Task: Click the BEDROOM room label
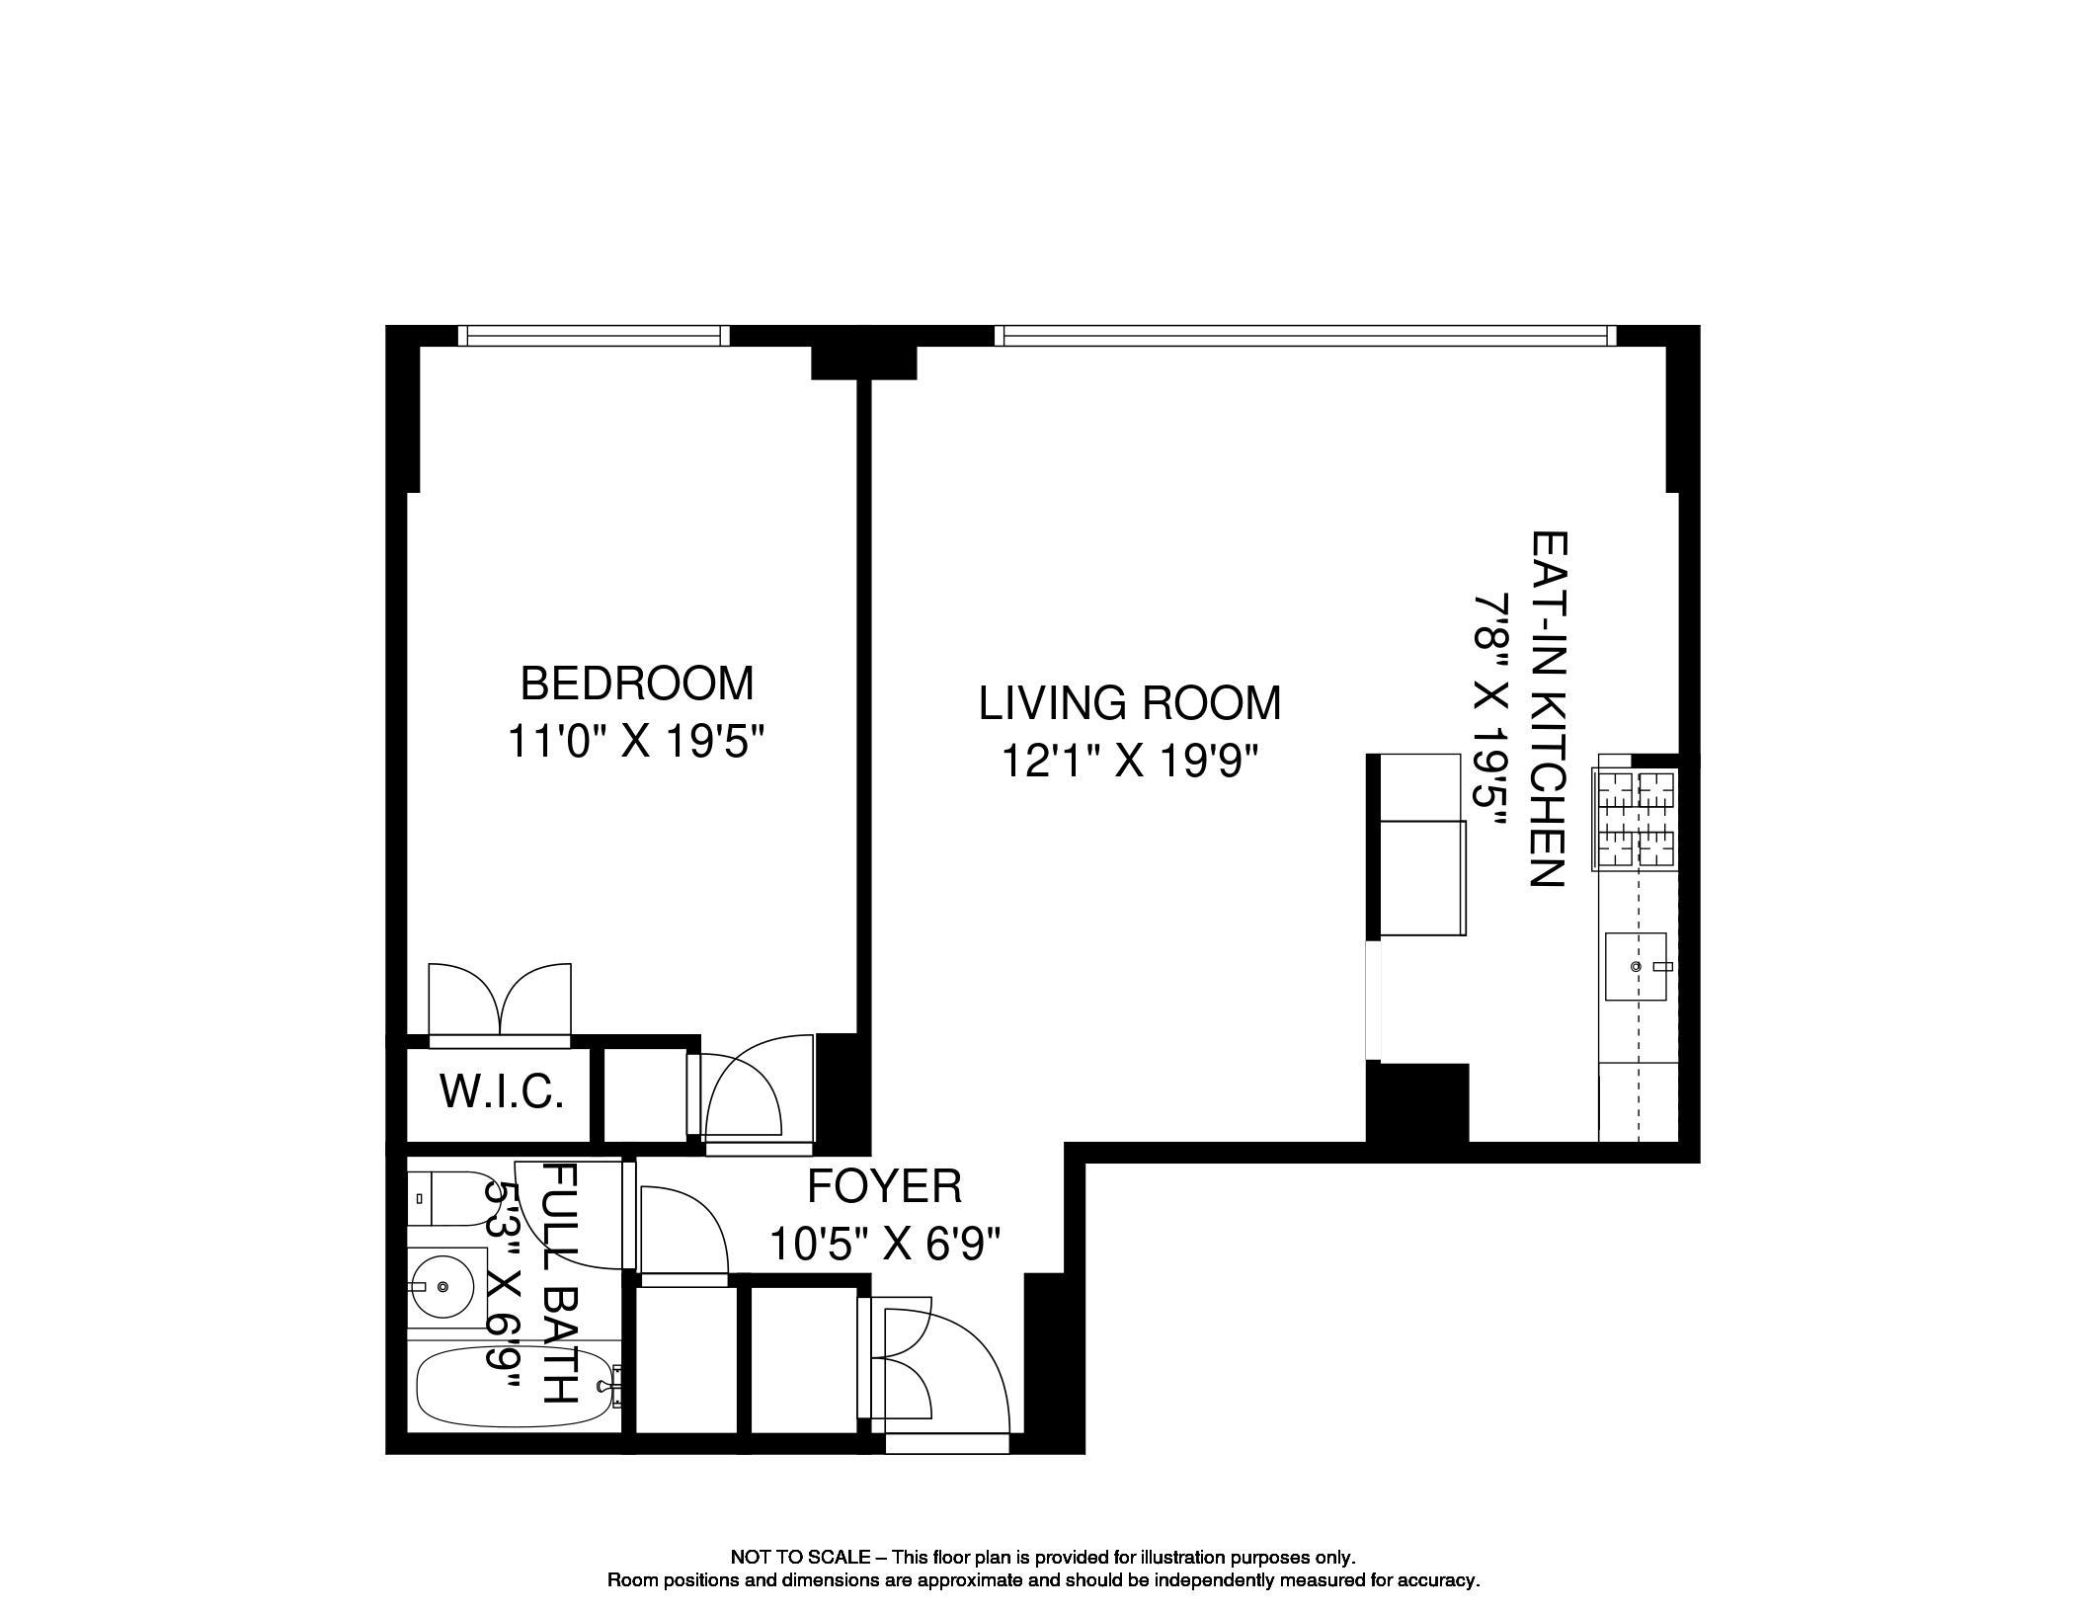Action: pos(636,684)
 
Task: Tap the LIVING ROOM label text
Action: pos(1130,703)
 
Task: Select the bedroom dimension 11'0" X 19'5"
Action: pos(636,741)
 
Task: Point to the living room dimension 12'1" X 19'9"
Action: pos(1130,761)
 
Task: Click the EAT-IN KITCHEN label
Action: pos(1548,709)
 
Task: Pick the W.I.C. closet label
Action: pos(502,1091)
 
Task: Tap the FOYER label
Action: pos(884,1186)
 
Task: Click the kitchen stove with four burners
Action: pos(1635,820)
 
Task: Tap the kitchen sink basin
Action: pos(1637,966)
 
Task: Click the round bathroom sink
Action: pos(442,1286)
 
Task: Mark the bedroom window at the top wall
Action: pos(595,336)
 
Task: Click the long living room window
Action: pos(1305,336)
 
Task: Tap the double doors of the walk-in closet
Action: pos(500,1003)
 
